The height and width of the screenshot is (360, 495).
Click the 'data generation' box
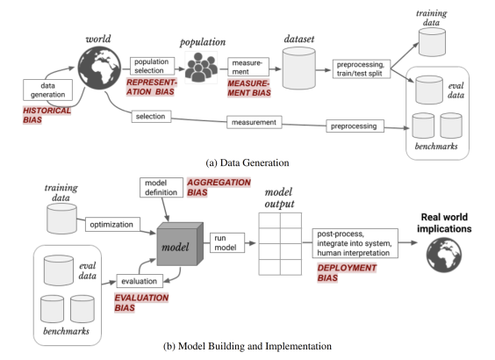[x=47, y=90]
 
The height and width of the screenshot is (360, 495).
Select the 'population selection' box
[x=152, y=66]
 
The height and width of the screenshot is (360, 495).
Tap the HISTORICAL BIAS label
[x=47, y=115]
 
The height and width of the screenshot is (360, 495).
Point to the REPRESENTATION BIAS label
[x=152, y=87]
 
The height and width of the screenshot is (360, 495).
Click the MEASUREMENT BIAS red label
[x=249, y=88]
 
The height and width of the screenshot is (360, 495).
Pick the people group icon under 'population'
[x=201, y=68]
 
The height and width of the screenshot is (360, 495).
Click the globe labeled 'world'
[x=99, y=68]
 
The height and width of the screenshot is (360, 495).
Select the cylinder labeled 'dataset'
[x=298, y=68]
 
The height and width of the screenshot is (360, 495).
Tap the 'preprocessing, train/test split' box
[x=362, y=68]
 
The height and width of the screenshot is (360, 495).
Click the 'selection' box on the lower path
[x=151, y=117]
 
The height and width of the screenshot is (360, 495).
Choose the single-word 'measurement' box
[x=255, y=122]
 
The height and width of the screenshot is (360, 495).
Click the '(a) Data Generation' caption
[x=247, y=163]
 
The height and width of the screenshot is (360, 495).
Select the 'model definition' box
[x=161, y=188]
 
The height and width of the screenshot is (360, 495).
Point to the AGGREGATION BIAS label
[x=219, y=187]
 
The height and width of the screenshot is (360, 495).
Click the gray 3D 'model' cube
[x=180, y=244]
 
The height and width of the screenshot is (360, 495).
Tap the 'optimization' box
[x=112, y=225]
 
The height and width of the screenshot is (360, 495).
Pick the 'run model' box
[x=227, y=242]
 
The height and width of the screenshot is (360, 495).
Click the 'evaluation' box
[x=140, y=281]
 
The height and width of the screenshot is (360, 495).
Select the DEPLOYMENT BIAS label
[x=347, y=273]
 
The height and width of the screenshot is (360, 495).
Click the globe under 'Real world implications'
[x=444, y=256]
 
